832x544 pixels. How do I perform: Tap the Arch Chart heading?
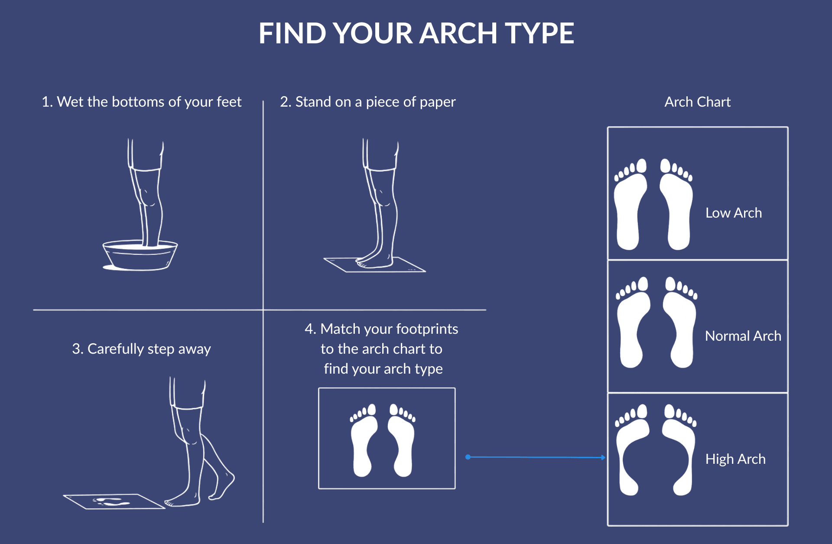pos(697,102)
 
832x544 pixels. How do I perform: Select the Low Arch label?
pos(733,213)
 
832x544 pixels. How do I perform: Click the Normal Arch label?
pos(743,336)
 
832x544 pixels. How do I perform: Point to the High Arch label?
pos(735,459)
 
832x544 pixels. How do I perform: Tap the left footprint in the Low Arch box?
pos(629,212)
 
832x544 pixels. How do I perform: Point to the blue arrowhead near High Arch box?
pos(603,457)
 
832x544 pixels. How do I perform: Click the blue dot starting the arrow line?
pos(468,457)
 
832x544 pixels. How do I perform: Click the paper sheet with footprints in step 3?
pos(114,502)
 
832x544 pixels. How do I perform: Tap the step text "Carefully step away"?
pos(141,349)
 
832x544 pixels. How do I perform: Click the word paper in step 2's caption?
pos(438,102)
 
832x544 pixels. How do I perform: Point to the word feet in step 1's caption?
pos(228,102)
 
